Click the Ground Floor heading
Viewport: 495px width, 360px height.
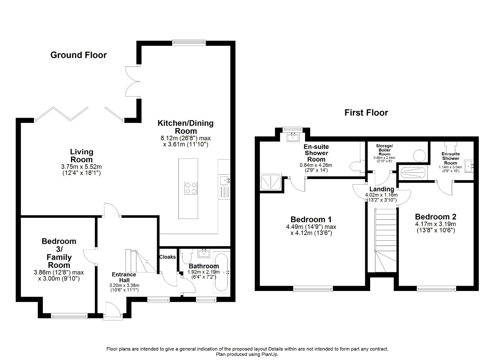(78, 55)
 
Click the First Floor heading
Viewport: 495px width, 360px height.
(366, 112)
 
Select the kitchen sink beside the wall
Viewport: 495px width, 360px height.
(225, 180)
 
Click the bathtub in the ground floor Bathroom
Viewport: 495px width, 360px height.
(221, 273)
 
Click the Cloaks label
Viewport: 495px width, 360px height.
(167, 257)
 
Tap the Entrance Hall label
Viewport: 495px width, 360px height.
(124, 277)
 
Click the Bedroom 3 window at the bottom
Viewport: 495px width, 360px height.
(69, 316)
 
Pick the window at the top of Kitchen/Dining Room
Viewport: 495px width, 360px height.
(189, 42)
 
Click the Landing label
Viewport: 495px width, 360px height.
(381, 189)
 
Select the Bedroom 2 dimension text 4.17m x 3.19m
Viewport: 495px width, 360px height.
(435, 224)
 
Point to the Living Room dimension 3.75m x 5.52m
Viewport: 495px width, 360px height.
(81, 167)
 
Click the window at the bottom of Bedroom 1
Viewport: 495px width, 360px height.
(313, 288)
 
